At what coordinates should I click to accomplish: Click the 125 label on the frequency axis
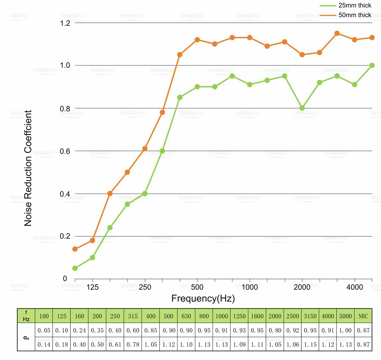click(x=92, y=287)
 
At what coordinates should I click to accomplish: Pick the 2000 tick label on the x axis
click(x=302, y=287)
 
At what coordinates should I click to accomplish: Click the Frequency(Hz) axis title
click(x=203, y=298)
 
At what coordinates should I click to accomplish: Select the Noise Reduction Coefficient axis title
click(x=28, y=169)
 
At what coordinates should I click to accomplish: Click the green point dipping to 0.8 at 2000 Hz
click(x=302, y=108)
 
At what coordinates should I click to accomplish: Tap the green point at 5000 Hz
click(x=372, y=65)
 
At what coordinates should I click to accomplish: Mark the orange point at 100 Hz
click(x=75, y=249)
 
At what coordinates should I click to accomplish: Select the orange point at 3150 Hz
click(x=337, y=33)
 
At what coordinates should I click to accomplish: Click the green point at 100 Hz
click(x=75, y=268)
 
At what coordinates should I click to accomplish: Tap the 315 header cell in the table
click(x=133, y=316)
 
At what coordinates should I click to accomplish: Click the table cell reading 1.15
click(x=310, y=344)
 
